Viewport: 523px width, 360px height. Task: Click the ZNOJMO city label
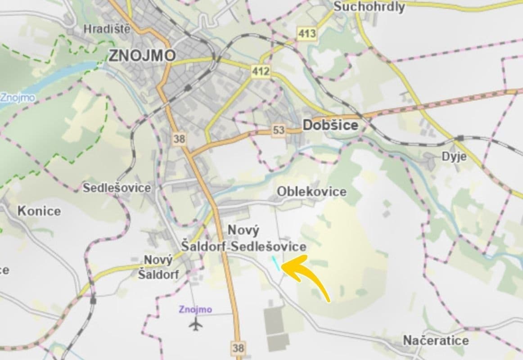coord(142,55)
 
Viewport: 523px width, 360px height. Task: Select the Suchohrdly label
coord(369,7)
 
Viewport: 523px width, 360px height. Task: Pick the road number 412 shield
coord(261,71)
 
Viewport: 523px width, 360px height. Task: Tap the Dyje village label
coord(454,157)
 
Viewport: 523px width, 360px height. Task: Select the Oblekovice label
coord(311,192)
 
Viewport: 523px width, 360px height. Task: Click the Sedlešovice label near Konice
coord(117,188)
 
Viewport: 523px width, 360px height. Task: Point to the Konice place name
coord(39,211)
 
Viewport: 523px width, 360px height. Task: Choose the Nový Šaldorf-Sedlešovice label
coord(243,239)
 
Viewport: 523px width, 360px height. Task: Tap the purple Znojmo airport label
coord(195,310)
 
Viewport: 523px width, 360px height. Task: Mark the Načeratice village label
coord(436,340)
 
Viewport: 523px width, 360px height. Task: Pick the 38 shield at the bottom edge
coord(238,347)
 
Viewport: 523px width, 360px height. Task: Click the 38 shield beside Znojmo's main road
coord(179,139)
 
